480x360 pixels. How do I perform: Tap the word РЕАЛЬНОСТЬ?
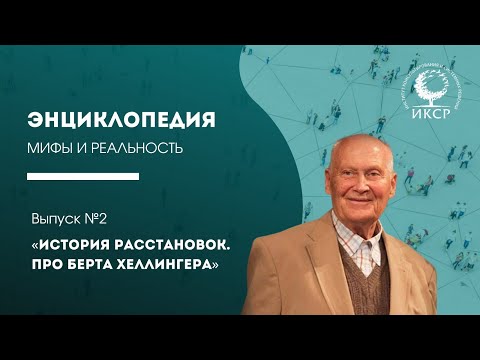pyautogui.click(x=134, y=149)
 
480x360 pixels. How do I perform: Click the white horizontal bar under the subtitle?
pyautogui.click(x=82, y=175)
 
